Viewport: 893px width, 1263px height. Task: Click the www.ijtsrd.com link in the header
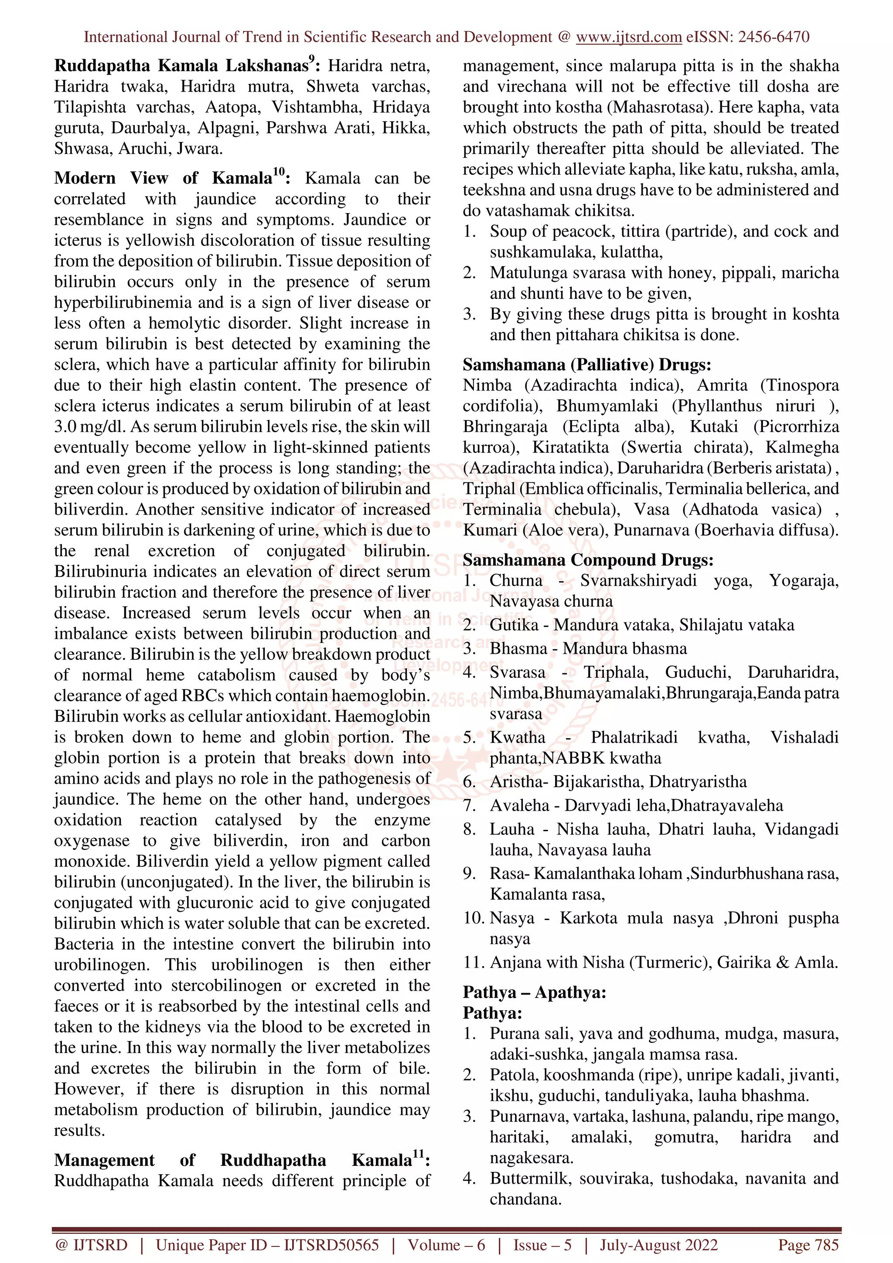629,37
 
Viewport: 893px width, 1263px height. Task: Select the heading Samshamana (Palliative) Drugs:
586,365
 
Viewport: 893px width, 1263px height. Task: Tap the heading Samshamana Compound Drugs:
588,560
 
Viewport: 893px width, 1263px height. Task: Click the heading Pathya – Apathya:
534,992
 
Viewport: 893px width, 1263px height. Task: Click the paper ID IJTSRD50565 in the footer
331,1245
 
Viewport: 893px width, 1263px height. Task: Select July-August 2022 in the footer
658,1245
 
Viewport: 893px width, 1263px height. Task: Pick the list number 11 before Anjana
472,963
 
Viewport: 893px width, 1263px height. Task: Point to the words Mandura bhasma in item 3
625,648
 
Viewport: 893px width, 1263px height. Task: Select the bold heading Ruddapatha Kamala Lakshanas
181,66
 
